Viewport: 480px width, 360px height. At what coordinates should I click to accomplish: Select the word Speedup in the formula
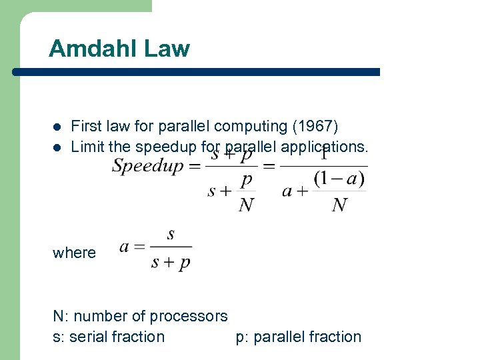[147, 166]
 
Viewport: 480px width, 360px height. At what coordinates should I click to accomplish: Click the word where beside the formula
[74, 253]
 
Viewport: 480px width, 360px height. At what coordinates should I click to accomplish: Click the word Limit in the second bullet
[85, 146]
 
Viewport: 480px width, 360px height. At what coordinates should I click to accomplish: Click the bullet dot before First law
[57, 127]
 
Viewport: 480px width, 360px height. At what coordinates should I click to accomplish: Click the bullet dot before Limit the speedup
[57, 147]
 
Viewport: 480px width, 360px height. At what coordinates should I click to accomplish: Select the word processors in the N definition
[189, 316]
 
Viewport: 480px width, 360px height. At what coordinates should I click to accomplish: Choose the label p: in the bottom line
[242, 337]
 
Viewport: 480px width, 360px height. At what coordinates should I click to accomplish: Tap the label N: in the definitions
[59, 316]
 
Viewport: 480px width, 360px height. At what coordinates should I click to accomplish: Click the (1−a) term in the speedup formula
[339, 179]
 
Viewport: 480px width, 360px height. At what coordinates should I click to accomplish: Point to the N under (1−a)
[339, 205]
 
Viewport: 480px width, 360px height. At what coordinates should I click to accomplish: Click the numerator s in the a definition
[171, 234]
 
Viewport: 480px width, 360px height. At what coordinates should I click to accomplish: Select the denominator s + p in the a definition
[171, 261]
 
